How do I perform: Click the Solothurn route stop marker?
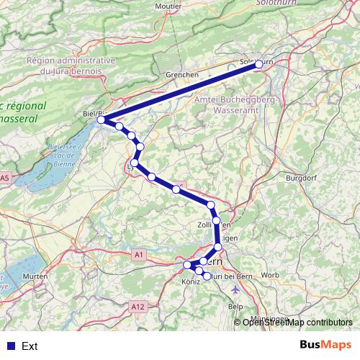tap(259, 64)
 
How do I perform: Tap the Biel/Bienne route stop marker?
tap(102, 119)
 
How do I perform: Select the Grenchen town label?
tap(181, 74)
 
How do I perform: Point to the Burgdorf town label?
tap(302, 177)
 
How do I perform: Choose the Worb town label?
tap(271, 275)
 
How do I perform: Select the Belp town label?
tap(235, 306)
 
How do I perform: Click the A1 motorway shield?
tap(139, 254)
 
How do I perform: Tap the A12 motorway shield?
tap(138, 307)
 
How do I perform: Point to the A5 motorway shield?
tap(5, 177)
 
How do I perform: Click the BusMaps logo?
tap(325, 345)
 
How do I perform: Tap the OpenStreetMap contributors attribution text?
tap(297, 322)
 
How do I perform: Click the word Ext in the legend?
tap(30, 346)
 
